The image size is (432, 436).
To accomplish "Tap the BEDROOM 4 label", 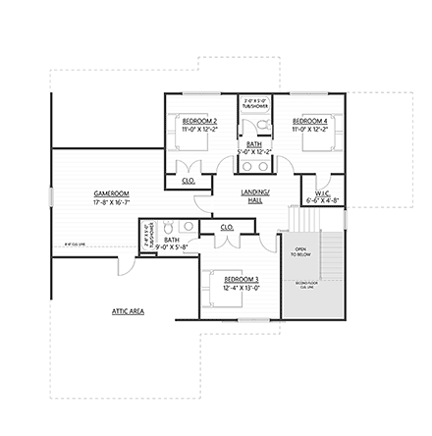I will [x=310, y=120].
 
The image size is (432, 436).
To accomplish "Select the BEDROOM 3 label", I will [x=241, y=279].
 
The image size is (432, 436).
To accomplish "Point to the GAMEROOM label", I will [x=111, y=193].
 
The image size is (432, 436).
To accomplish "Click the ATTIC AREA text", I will [x=128, y=310].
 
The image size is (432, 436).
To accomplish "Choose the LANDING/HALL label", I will [x=254, y=196].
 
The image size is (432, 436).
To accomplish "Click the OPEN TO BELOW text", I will [x=300, y=251].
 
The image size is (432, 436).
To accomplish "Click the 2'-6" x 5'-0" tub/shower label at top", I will [x=254, y=101].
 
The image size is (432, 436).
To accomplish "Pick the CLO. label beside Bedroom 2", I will [x=189, y=181].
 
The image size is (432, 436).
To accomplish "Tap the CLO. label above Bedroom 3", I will [x=227, y=226].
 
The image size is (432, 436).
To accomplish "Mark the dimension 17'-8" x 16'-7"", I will [x=111, y=201].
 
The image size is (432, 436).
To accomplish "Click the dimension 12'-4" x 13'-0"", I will [x=241, y=288].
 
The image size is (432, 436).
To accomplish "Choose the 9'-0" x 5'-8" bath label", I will [x=172, y=243].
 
